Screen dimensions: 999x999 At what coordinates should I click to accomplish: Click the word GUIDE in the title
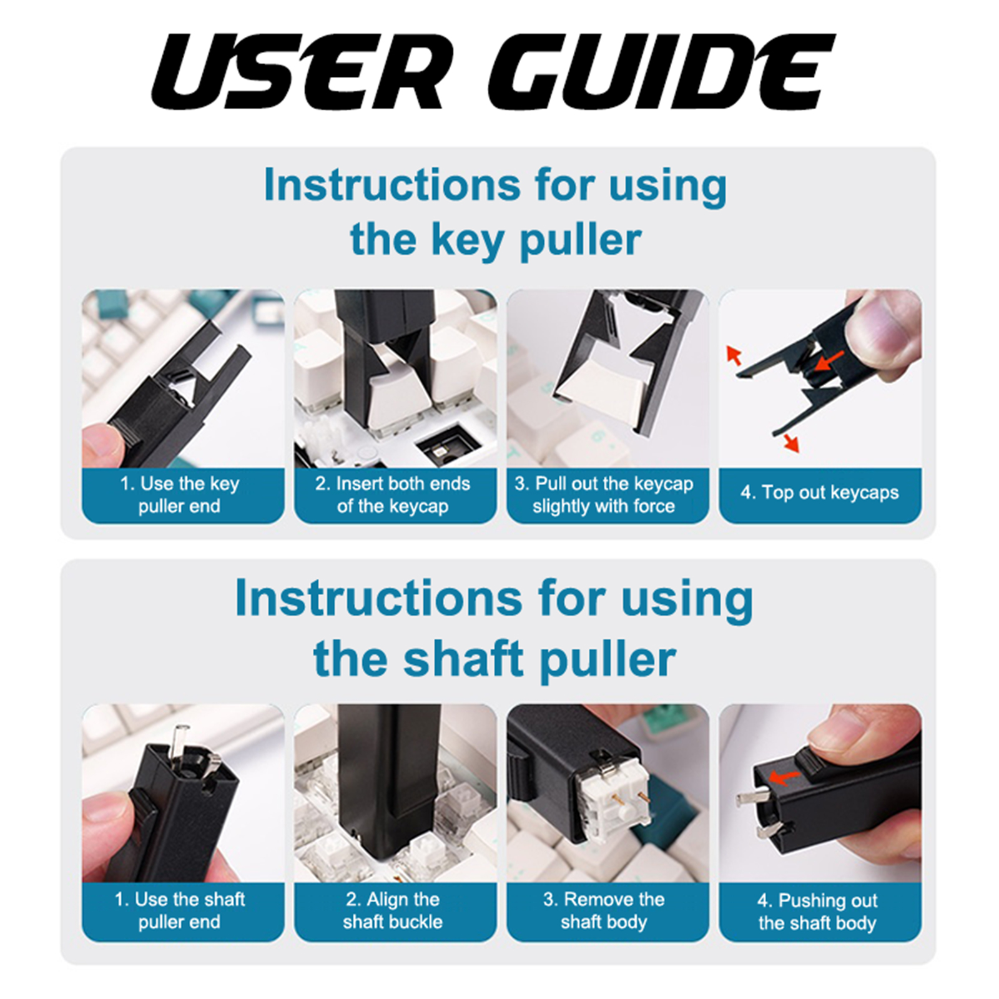(662, 72)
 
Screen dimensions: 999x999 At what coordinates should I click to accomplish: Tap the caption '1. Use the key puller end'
(180, 495)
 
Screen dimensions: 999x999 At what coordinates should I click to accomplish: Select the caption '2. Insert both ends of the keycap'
(393, 495)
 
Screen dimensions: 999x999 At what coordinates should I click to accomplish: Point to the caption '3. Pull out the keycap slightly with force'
(604, 495)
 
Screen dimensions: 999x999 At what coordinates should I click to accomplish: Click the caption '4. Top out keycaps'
(820, 493)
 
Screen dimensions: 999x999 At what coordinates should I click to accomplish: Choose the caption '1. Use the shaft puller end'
(180, 910)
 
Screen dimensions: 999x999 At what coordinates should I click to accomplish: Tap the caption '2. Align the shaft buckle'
(393, 910)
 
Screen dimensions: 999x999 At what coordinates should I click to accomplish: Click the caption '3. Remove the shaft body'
(604, 910)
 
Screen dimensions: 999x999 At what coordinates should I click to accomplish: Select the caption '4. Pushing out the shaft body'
(817, 912)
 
